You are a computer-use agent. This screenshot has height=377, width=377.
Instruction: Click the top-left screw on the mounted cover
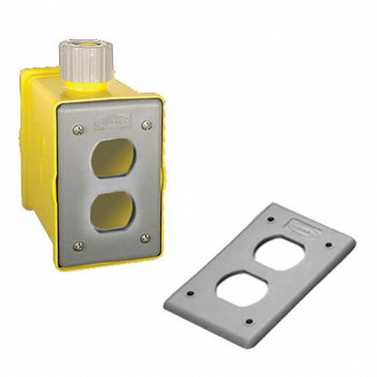78,130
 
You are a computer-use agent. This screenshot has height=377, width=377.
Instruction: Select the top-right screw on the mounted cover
146,125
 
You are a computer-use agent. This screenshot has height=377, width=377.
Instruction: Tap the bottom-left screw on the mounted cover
79,246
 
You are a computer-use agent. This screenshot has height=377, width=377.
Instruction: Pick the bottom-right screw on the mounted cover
145,238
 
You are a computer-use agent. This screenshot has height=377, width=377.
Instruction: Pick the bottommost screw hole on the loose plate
248,322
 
